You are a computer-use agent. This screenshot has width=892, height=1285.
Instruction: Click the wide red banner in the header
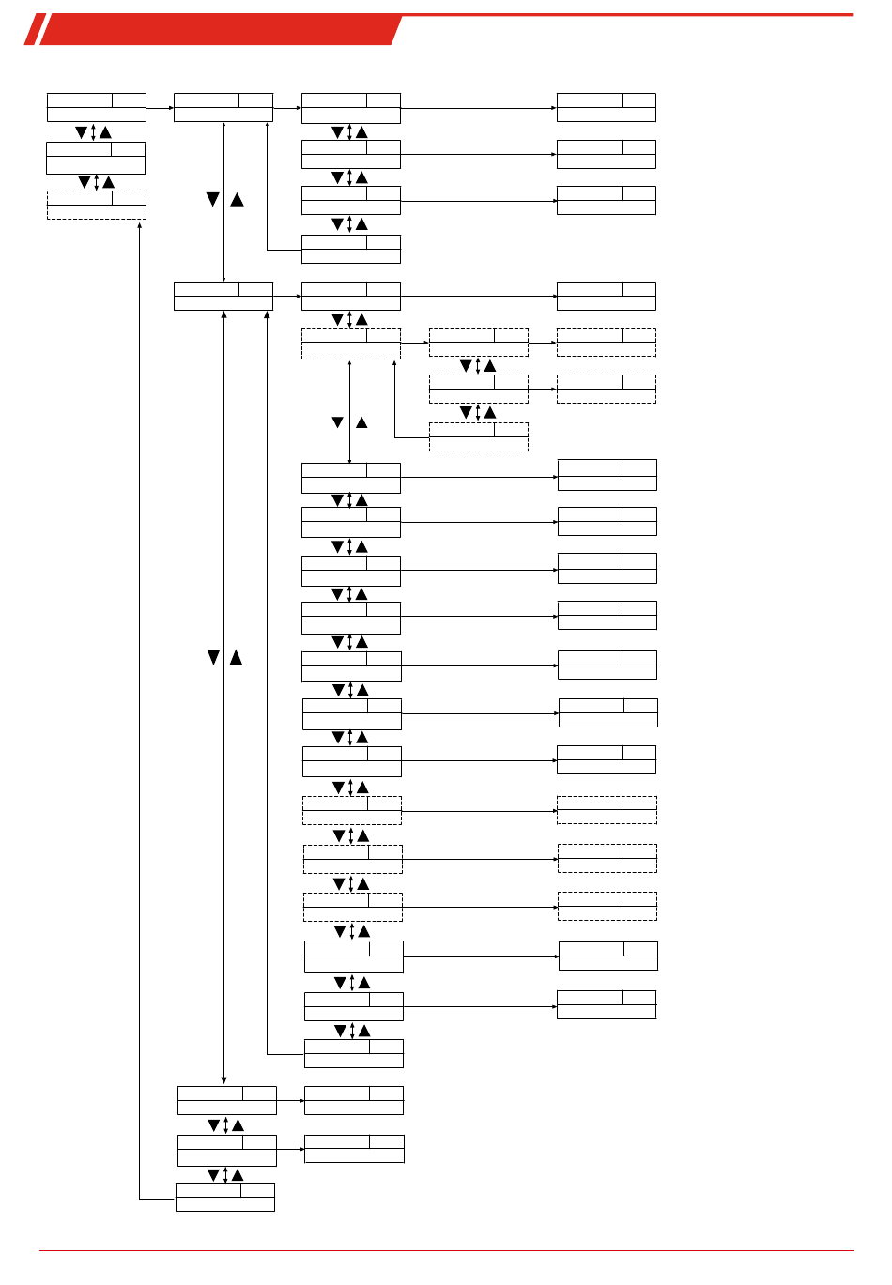click(222, 30)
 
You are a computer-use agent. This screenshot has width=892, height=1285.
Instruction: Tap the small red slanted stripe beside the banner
click(34, 30)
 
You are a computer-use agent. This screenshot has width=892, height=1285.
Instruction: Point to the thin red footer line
click(446, 1250)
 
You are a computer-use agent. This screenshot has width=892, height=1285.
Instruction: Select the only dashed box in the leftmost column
click(97, 205)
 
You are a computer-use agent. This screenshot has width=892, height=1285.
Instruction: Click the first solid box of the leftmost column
click(97, 107)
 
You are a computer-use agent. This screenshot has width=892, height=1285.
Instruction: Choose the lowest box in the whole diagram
click(225, 1197)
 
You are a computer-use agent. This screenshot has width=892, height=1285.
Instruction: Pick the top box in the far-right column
click(607, 107)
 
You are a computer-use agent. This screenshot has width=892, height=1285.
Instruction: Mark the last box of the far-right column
click(607, 1004)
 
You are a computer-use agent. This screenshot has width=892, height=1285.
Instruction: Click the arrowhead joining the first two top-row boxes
click(171, 108)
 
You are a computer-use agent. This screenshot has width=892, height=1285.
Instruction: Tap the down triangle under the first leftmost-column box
click(82, 132)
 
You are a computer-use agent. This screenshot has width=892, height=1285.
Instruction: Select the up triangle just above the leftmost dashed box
click(108, 182)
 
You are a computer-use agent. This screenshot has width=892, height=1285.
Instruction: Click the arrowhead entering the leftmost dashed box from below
click(139, 225)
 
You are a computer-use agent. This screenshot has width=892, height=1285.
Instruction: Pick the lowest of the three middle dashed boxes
click(479, 436)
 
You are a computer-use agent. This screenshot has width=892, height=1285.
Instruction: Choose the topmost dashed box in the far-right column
click(607, 342)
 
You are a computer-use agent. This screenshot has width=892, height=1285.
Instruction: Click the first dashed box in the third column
click(351, 343)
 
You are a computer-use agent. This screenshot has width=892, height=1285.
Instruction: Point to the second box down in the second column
click(223, 296)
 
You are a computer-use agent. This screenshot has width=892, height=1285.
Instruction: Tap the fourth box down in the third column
click(351, 249)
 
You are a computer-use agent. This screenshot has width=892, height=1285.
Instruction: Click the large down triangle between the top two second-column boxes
click(212, 200)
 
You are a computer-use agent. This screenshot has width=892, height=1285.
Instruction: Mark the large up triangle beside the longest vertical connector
click(236, 658)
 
